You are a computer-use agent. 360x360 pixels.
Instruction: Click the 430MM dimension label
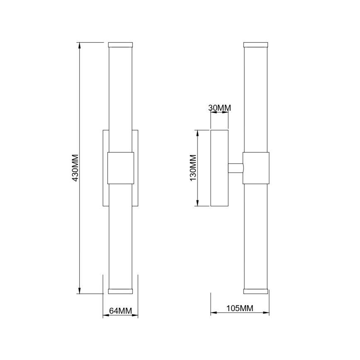click(75, 168)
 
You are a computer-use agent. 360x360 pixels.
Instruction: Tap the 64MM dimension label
click(120, 310)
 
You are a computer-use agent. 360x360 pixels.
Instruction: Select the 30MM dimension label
click(219, 108)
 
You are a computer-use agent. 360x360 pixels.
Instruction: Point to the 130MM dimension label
click(192, 168)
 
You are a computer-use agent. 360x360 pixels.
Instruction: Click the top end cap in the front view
click(120, 44)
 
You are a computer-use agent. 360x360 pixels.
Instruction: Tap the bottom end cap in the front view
click(120, 291)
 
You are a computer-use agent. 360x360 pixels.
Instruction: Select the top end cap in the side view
click(256, 44)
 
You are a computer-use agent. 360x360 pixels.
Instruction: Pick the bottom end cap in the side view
click(256, 291)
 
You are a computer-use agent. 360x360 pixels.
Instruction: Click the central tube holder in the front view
click(121, 168)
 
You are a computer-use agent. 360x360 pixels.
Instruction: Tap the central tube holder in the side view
click(256, 168)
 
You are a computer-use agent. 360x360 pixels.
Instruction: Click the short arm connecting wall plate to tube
click(236, 168)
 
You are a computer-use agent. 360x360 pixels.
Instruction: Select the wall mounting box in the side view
click(219, 168)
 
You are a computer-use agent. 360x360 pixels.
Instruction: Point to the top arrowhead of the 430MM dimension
click(79, 45)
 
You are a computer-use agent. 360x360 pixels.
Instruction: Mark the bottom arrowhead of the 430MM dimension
click(79, 291)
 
